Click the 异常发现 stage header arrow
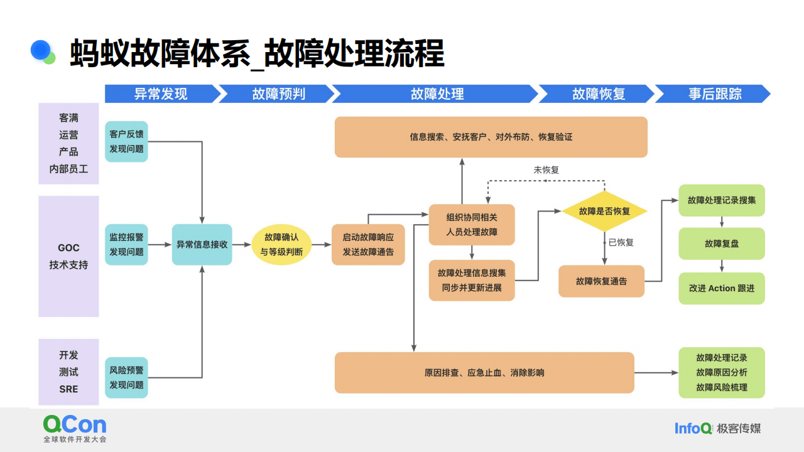[161, 94]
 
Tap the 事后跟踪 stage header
[714, 94]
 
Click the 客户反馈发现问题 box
[126, 141]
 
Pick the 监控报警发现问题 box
[126, 244]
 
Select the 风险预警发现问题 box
[126, 377]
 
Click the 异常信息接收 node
[202, 244]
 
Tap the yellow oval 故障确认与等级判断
[281, 244]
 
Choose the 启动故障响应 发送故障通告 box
[368, 244]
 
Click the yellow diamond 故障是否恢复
[604, 211]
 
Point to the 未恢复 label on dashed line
[546, 169]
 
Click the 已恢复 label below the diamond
[621, 242]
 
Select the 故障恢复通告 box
[601, 281]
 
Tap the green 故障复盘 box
[722, 244]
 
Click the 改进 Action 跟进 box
[722, 288]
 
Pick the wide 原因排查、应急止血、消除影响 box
[484, 372]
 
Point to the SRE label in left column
[68, 389]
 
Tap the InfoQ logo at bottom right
[693, 428]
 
